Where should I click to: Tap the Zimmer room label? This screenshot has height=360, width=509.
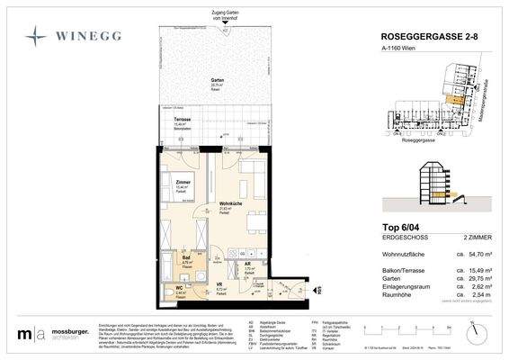pyautogui.click(x=183, y=183)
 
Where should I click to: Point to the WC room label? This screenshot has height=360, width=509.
pyautogui.click(x=178, y=289)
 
